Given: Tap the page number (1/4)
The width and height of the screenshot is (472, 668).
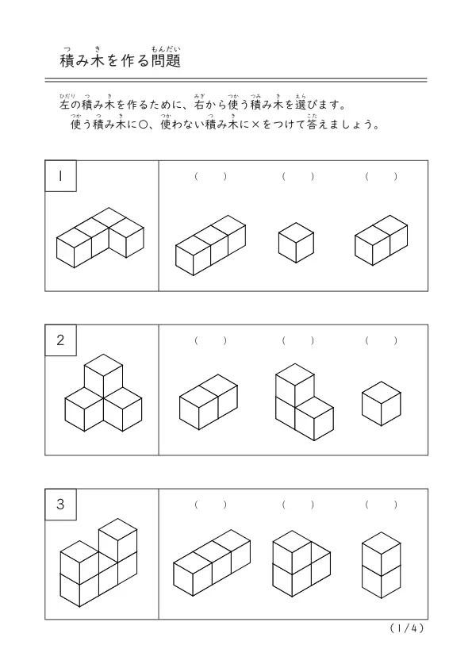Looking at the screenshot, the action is (x=407, y=628).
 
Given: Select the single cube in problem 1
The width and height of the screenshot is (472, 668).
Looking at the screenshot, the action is (x=296, y=243).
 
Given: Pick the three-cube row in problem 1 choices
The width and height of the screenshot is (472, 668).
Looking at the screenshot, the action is (x=210, y=245).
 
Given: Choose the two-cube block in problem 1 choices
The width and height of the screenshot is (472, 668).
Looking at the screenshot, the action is (x=382, y=240).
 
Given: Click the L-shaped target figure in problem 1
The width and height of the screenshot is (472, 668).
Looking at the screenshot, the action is (x=100, y=238).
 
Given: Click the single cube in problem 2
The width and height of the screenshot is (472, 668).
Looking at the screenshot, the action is (x=382, y=404).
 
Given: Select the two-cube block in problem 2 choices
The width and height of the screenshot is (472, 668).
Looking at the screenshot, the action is (x=209, y=401).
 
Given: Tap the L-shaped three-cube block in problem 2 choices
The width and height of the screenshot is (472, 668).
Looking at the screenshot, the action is (x=304, y=401).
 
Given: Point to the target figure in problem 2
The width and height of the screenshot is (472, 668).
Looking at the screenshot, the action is (x=103, y=393).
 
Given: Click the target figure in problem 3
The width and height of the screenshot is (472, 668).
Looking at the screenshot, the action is (x=98, y=562).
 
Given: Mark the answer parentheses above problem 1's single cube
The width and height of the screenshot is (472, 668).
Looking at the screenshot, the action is (x=297, y=176).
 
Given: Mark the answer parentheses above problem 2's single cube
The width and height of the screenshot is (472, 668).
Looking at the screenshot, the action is (x=382, y=340).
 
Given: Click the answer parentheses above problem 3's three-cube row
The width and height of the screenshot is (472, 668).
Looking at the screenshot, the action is (x=210, y=505).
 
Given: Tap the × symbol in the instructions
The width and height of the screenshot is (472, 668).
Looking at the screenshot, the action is (x=255, y=125).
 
